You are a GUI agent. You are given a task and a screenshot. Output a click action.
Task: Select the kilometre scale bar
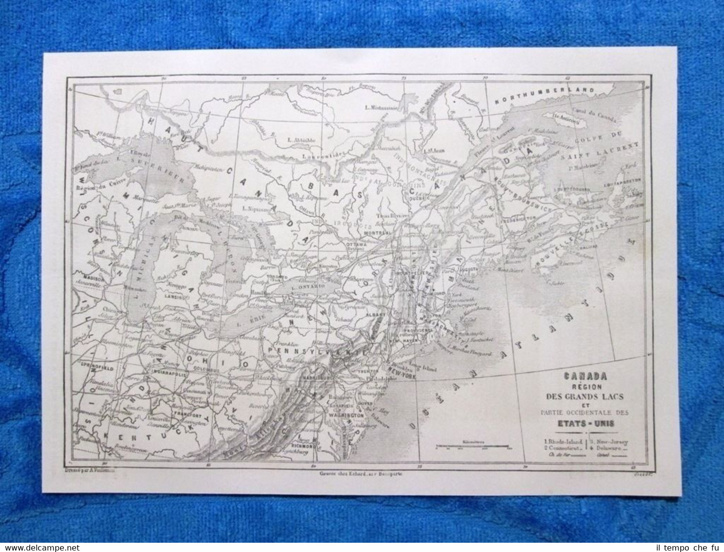click(472, 445)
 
